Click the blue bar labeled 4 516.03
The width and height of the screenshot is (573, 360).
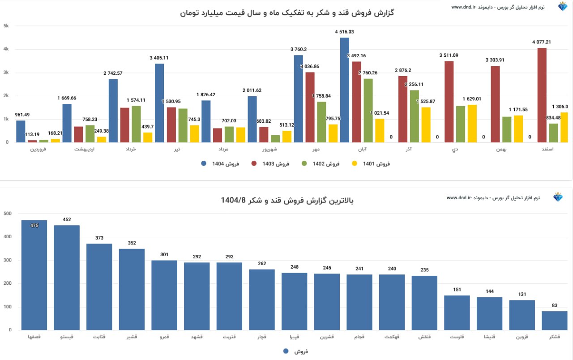coord(345,90)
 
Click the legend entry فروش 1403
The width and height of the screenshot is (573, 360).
coord(273,164)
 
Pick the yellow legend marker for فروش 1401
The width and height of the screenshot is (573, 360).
coord(355,164)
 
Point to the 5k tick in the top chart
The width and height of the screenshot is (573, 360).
coord(6,26)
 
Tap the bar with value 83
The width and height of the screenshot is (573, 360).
coord(554,321)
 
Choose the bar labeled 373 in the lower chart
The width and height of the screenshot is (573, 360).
coord(99,287)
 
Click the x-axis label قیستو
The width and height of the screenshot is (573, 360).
coord(67,336)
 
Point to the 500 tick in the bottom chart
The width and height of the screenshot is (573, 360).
coord(7,214)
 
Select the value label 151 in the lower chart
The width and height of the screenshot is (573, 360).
coord(457,289)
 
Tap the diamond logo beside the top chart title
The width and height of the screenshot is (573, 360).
coord(562,7)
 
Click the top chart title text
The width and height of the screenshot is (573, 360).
coord(287,13)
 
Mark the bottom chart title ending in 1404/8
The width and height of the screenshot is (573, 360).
coord(287,200)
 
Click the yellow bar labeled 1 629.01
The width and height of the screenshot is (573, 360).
coord(472,124)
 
